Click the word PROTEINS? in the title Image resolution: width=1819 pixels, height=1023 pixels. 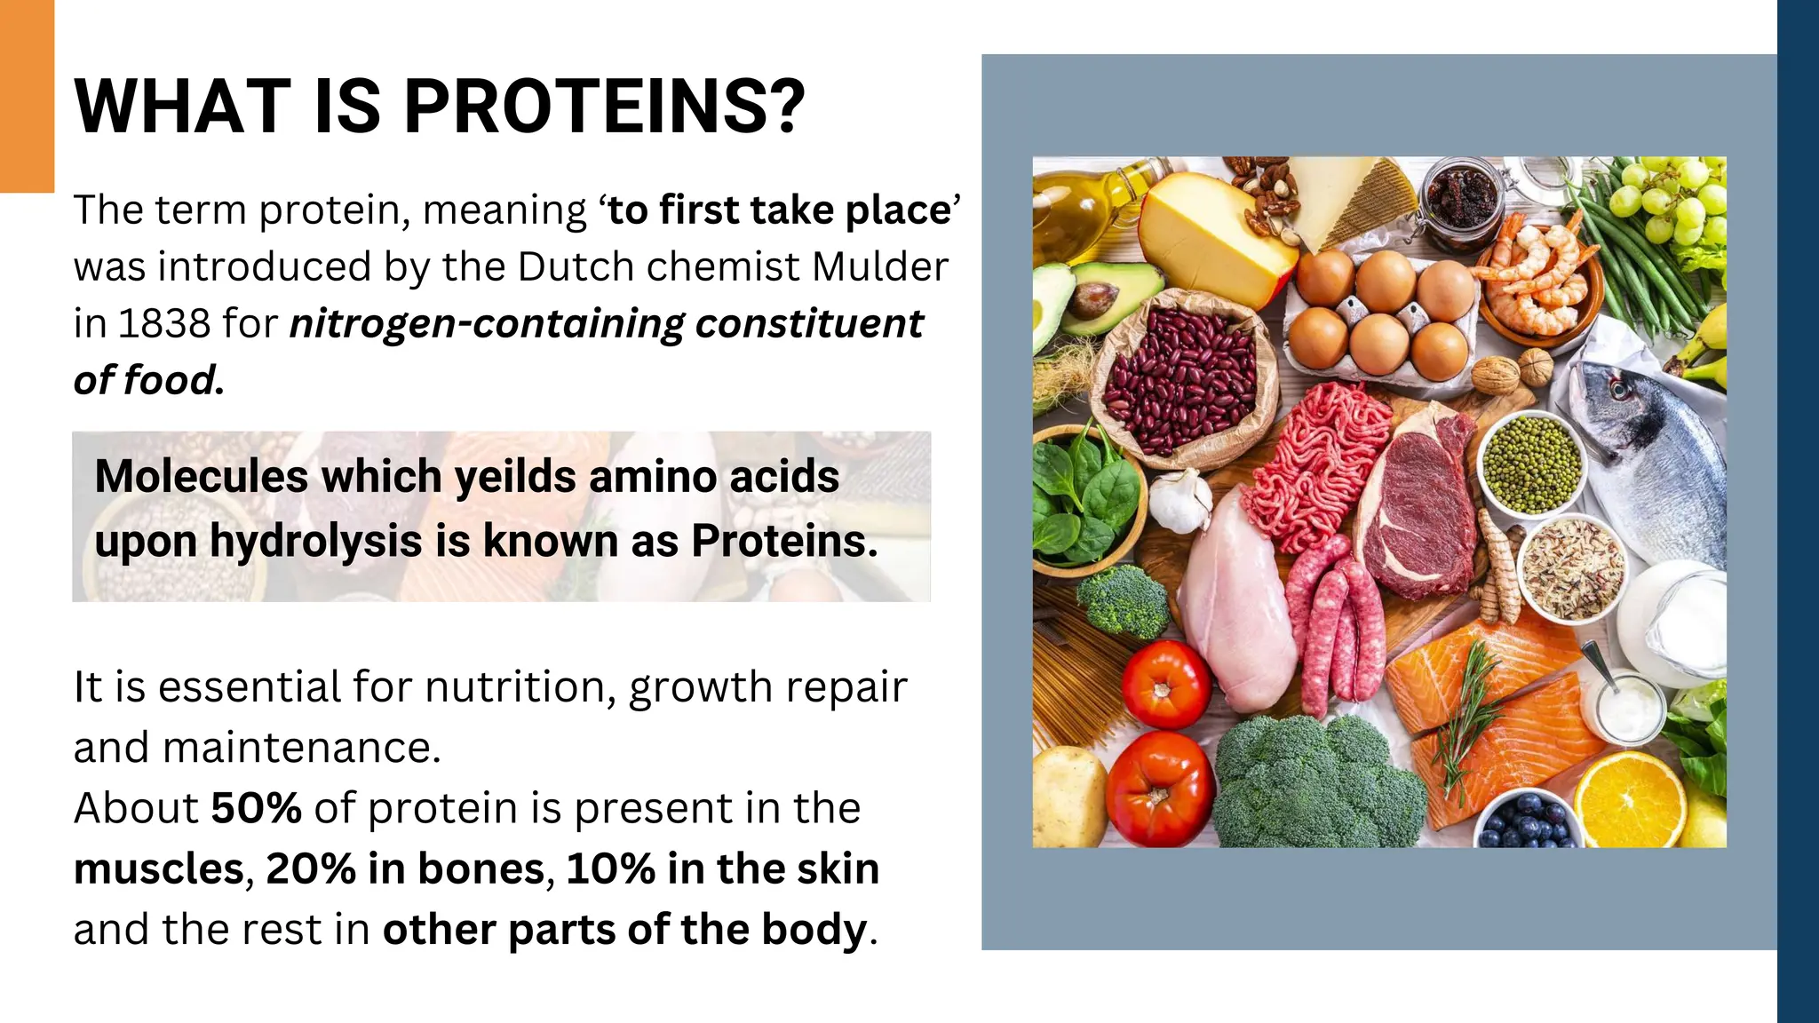[x=604, y=107]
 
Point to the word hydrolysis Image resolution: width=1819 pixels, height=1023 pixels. [x=315, y=541]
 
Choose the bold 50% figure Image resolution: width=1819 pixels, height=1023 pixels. [x=256, y=808]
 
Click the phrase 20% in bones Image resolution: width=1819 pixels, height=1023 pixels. [x=405, y=868]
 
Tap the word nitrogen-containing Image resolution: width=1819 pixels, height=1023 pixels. [x=487, y=324]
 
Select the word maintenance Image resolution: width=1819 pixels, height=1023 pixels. [x=301, y=748]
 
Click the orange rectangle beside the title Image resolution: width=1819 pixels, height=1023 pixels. [x=27, y=96]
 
